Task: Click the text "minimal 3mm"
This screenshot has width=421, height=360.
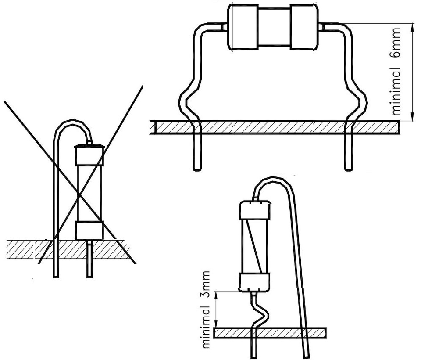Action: pyautogui.click(x=205, y=310)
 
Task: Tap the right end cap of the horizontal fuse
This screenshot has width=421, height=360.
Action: pyautogui.click(x=303, y=27)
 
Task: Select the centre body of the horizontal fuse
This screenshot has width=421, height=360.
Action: pyautogui.click(x=273, y=27)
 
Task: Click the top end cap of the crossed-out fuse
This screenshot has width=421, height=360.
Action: pyautogui.click(x=89, y=155)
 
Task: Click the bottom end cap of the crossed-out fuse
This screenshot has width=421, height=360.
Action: pyautogui.click(x=89, y=230)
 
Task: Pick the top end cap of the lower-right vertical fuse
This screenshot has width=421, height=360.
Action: pyautogui.click(x=254, y=210)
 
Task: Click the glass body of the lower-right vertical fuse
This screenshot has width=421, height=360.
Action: pyautogui.click(x=254, y=246)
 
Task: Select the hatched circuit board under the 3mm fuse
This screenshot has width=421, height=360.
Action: pyautogui.click(x=270, y=333)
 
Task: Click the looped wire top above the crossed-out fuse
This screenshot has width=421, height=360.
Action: pyautogui.click(x=72, y=122)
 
